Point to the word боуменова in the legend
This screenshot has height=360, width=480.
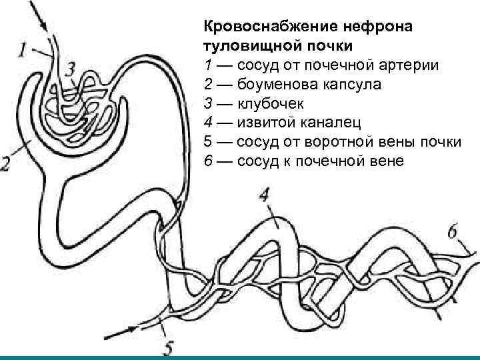pyautogui.click(x=272, y=85)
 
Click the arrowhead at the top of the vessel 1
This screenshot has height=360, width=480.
pyautogui.click(x=45, y=27)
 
